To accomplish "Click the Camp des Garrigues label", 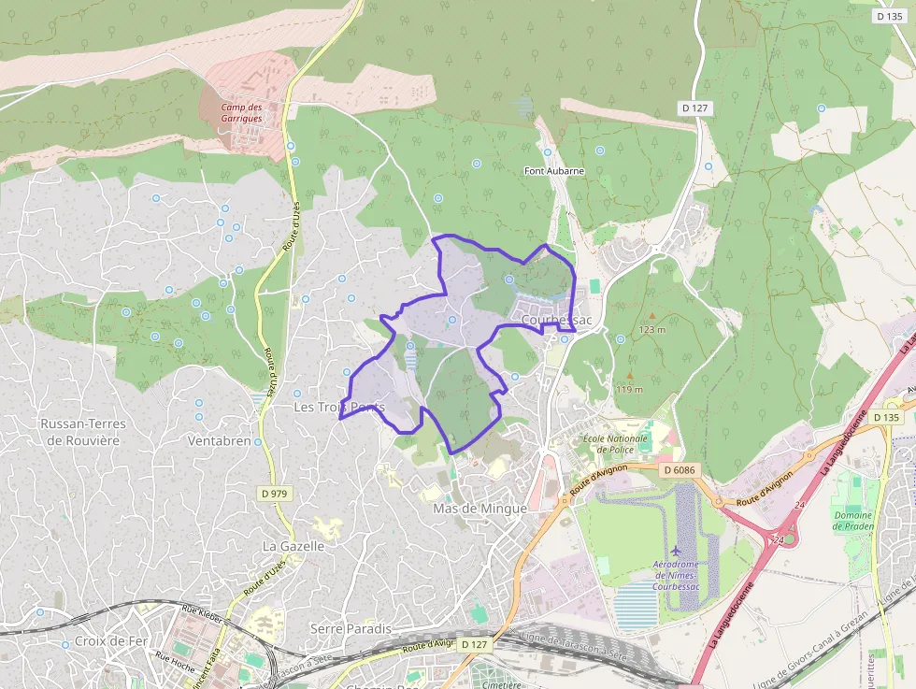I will tap(241, 113).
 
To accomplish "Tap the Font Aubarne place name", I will tap(554, 171).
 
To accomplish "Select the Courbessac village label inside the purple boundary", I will tap(557, 320).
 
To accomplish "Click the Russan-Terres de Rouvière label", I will tap(83, 432).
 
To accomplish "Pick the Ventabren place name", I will tap(220, 440).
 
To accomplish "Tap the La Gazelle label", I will tap(293, 546).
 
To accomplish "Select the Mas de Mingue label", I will tap(480, 509).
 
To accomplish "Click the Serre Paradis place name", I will tap(350, 628).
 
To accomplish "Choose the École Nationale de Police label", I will tap(614, 443).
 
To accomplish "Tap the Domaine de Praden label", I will tap(852, 521).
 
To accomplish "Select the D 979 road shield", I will tap(274, 493).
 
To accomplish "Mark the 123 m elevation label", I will tap(652, 330).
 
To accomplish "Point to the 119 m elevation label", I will tap(629, 389).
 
